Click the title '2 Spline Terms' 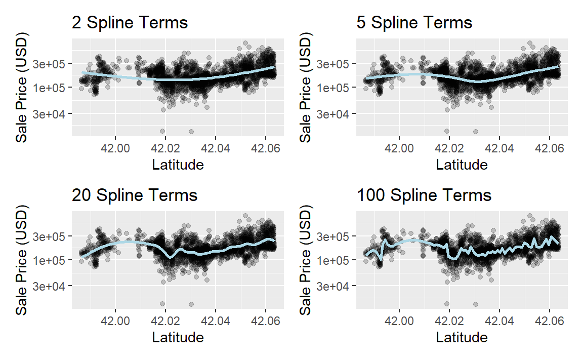[x=129, y=23]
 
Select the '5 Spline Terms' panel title [x=414, y=23]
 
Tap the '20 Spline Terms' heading [x=134, y=195]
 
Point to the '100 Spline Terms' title [x=424, y=195]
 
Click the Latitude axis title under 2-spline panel [x=178, y=165]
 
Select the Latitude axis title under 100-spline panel [x=462, y=337]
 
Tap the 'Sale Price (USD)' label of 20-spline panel [x=22, y=260]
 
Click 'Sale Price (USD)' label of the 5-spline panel [x=306, y=88]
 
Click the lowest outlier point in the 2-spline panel [x=191, y=132]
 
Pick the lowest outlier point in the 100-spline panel [x=476, y=304]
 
